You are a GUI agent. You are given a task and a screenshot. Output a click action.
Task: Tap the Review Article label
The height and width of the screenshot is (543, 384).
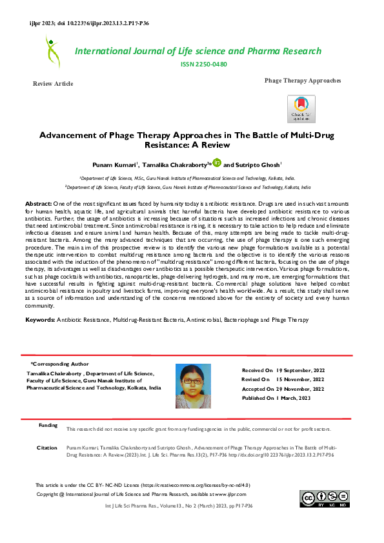[x=53, y=84]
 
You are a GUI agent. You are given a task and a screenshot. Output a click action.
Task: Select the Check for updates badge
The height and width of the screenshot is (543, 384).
[x=301, y=108]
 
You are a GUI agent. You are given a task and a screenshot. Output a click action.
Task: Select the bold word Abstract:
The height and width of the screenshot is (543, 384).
[x=38, y=203]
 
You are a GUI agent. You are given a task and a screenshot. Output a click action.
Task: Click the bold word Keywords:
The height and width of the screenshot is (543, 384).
[x=39, y=320]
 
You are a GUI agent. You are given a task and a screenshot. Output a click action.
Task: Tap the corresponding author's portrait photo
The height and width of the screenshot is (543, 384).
[x=192, y=386]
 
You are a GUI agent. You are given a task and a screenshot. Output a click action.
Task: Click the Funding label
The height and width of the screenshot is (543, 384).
[x=48, y=426]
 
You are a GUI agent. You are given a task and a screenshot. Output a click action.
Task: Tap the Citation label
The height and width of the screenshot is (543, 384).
[x=47, y=447]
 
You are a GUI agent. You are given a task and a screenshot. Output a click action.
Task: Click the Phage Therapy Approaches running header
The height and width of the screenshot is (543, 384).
[x=302, y=80]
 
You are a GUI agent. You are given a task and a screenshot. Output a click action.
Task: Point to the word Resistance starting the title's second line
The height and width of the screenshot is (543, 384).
[x=170, y=146]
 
